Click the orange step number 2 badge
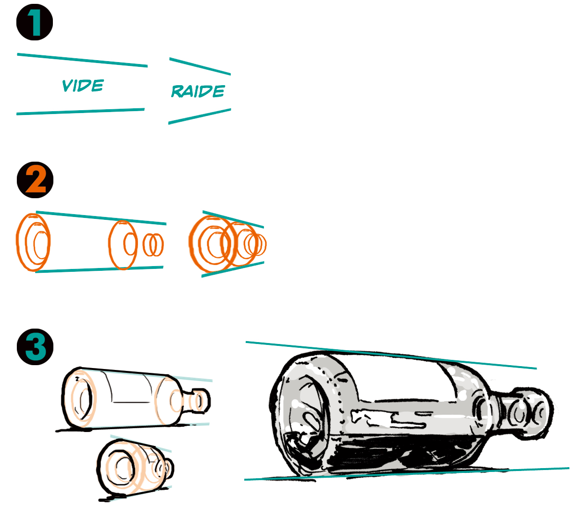click(x=35, y=180)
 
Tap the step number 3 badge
click(x=35, y=346)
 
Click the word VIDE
click(x=83, y=86)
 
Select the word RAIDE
click(x=198, y=91)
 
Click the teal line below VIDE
click(x=81, y=112)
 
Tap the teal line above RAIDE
click(x=200, y=66)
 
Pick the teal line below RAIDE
click(x=200, y=116)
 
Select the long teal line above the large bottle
click(x=389, y=355)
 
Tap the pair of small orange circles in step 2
click(x=153, y=245)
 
